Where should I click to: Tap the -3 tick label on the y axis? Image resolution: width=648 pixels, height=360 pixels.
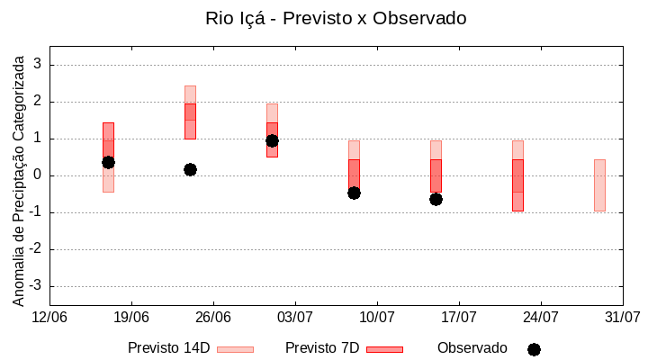35,286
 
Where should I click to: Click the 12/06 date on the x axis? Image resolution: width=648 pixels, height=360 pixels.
49,318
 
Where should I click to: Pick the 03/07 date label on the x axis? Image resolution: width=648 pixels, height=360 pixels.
295,318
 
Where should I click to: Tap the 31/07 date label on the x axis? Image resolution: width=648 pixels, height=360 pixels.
622,318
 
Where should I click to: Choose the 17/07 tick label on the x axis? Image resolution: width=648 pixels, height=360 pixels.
459,318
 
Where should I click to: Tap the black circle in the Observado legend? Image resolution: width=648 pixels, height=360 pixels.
534,349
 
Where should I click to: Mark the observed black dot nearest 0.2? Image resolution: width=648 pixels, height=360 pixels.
190,169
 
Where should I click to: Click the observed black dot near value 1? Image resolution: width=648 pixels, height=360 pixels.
272,140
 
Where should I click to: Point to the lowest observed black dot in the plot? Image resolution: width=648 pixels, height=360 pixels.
436,199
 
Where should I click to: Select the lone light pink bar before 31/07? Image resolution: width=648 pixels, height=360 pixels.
599,184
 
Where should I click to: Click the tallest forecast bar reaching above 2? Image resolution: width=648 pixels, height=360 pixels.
190,112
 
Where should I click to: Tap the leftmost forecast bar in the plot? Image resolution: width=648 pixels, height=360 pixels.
108,157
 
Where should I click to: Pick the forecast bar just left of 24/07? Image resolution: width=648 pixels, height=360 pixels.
517,175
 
